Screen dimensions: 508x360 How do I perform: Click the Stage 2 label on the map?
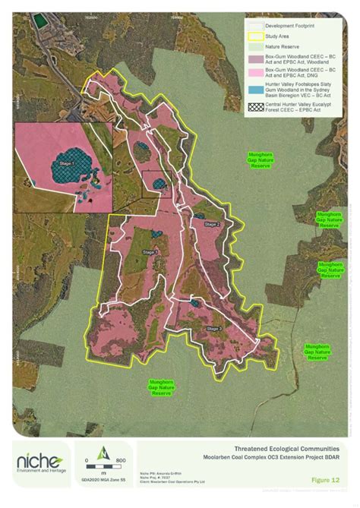point(211,225)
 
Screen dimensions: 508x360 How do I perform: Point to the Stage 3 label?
point(214,329)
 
